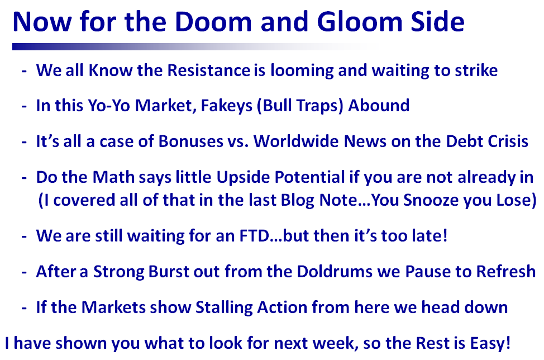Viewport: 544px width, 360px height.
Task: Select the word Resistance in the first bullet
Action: (209, 70)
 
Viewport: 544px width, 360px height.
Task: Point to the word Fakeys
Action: (227, 106)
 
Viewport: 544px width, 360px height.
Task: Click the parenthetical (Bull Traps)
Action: (300, 106)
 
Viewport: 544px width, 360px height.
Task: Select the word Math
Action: (113, 177)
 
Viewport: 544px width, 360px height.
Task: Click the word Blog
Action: (297, 201)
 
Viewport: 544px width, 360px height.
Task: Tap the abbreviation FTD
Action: (254, 236)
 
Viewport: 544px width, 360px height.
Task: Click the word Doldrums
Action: (335, 272)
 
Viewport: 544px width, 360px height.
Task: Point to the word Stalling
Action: (224, 308)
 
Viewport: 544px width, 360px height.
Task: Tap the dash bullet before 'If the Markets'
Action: (24, 308)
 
